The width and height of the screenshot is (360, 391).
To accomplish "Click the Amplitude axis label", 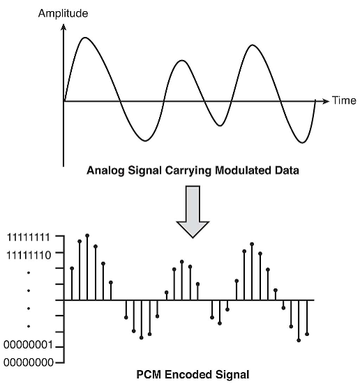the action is (x=63, y=13).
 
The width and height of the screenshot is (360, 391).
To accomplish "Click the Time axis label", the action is (x=344, y=100).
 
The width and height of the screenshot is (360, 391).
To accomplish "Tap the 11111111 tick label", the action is (x=28, y=238).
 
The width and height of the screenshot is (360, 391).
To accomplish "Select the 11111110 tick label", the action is (x=28, y=255).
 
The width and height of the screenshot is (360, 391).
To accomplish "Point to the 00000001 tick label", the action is (x=28, y=346).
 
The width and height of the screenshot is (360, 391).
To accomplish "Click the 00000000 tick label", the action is (x=29, y=362).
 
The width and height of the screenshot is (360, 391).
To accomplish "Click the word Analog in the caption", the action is (x=105, y=171).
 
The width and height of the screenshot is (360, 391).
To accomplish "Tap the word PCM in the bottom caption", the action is (x=149, y=375).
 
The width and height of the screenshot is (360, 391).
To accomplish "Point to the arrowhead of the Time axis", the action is (x=327, y=101).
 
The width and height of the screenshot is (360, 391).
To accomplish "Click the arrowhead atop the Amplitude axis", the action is (x=63, y=26).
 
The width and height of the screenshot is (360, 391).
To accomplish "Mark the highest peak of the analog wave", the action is (x=85, y=38).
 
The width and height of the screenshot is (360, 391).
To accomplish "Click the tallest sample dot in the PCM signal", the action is (x=87, y=236).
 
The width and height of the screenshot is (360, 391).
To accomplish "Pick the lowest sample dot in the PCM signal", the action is (x=299, y=340).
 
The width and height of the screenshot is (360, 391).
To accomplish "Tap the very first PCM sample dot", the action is (x=72, y=268).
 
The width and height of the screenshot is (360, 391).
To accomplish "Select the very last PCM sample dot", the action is (x=307, y=334).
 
